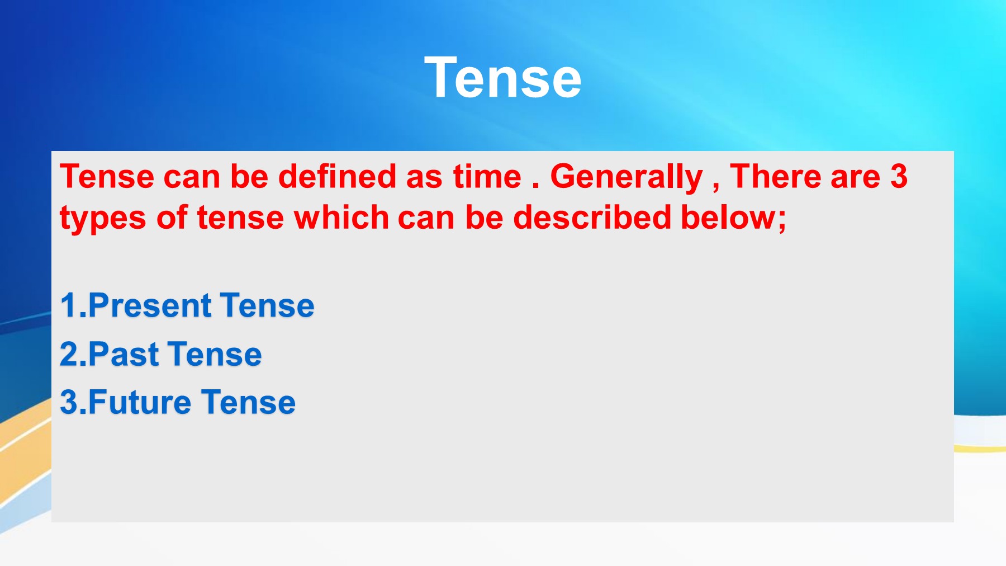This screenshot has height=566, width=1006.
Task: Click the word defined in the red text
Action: click(x=337, y=176)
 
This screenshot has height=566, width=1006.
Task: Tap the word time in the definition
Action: click(x=487, y=176)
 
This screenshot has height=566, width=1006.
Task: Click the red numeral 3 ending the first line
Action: click(x=899, y=176)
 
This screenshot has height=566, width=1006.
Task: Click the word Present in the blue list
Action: click(x=150, y=305)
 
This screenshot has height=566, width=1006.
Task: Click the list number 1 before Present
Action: click(x=68, y=305)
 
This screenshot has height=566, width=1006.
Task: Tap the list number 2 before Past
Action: click(x=69, y=354)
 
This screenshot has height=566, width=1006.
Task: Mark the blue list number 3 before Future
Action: click(x=69, y=402)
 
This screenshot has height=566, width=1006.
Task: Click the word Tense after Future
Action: click(x=248, y=402)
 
